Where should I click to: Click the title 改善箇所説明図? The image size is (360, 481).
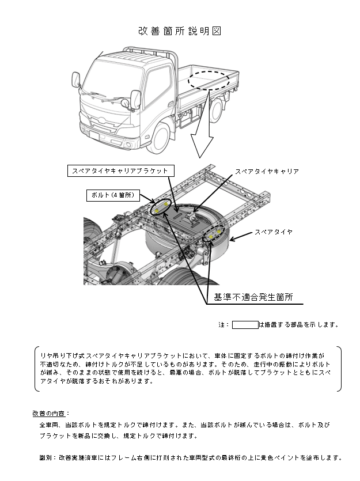pyautogui.click(x=180, y=31)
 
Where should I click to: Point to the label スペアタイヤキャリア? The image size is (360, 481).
pyautogui.click(x=267, y=172)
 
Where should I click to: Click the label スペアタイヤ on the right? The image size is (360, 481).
pyautogui.click(x=274, y=232)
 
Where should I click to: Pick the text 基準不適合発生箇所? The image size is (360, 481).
pyautogui.click(x=253, y=297)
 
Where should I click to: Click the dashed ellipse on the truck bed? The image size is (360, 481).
pyautogui.click(x=210, y=79)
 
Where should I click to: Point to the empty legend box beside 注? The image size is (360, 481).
pyautogui.click(x=245, y=324)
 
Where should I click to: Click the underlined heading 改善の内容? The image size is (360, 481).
pyautogui.click(x=51, y=413)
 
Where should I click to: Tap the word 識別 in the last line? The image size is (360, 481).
pyautogui.click(x=46, y=458)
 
